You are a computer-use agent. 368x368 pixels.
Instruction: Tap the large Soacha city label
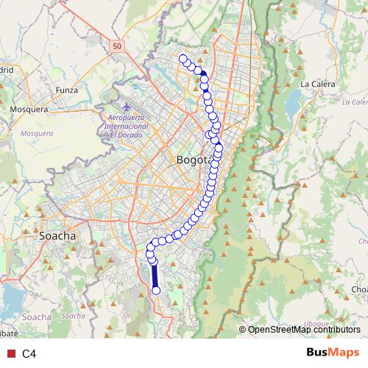57,236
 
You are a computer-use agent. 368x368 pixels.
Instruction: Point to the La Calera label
317,84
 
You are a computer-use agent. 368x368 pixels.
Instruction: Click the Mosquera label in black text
29,109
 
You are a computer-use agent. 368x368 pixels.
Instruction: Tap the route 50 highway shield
118,46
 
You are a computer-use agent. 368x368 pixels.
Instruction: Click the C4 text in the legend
29,353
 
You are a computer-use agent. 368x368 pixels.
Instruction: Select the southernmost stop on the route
155,290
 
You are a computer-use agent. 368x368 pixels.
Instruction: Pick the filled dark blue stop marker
204,74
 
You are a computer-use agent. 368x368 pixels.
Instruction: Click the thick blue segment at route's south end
155,276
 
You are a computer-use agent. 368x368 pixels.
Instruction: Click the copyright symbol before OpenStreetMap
243,330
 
